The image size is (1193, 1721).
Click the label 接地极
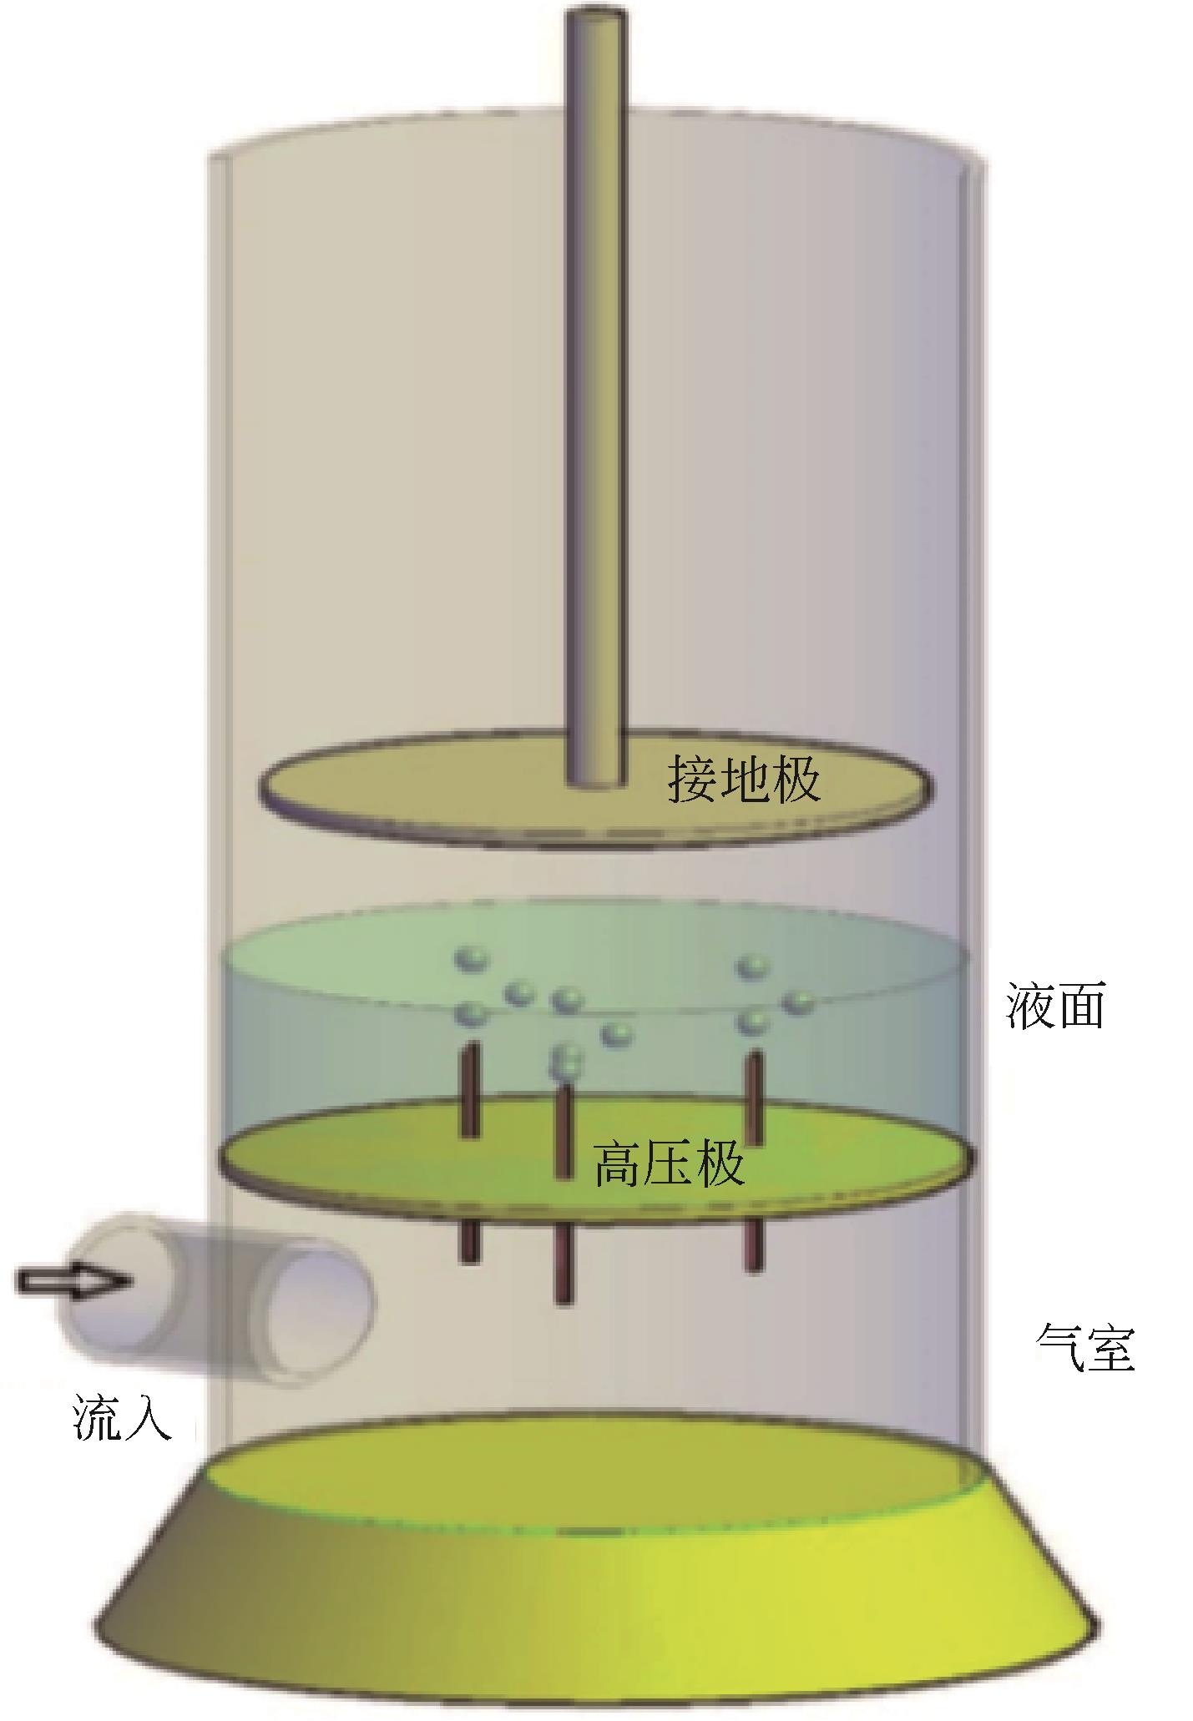pos(742,780)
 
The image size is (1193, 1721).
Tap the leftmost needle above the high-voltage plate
pos(470,1089)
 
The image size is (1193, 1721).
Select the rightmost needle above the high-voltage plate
pos(754,1098)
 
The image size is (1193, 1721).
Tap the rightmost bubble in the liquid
pos(799,1002)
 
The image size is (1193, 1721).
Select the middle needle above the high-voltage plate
pos(564,1131)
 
